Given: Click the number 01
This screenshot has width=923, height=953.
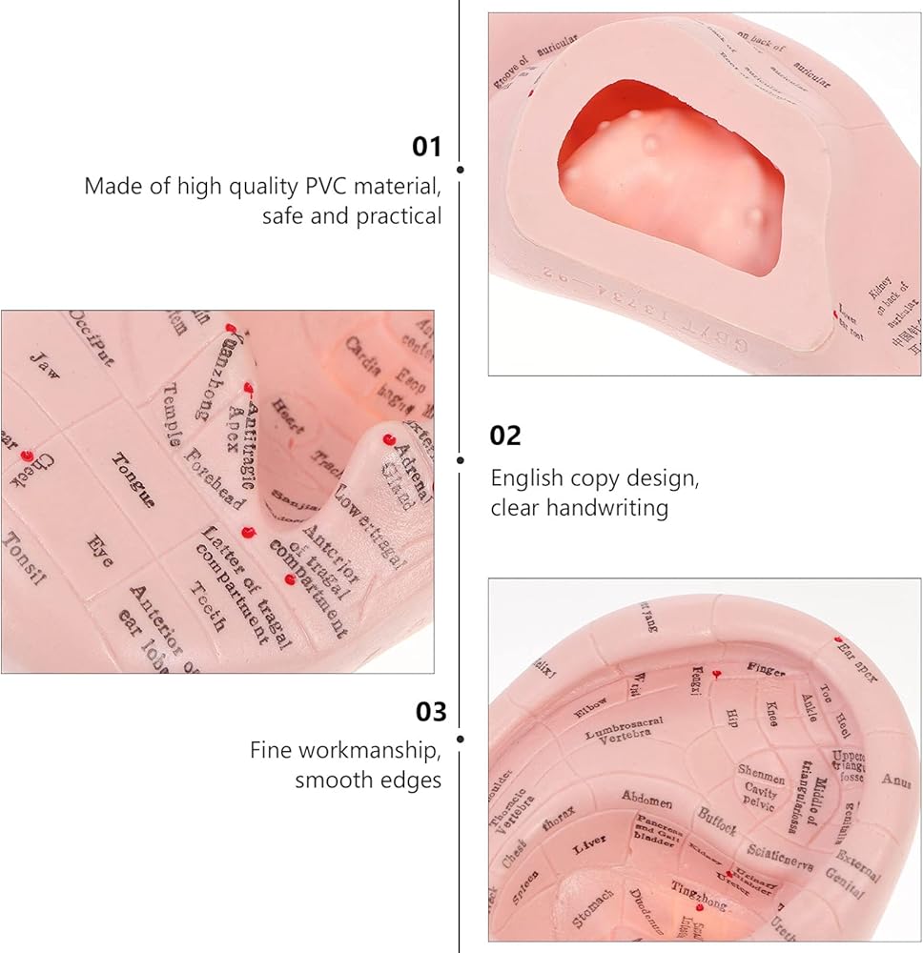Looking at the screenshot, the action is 427,147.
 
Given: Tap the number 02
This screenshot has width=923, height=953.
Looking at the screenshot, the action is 505,436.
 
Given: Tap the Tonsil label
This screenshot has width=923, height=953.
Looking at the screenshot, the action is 24,558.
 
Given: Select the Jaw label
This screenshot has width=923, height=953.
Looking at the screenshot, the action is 44,365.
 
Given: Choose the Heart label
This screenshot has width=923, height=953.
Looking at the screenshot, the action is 288,416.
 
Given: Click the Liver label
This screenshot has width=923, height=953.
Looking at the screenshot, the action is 588,847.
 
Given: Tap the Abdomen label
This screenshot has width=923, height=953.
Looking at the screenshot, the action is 647,799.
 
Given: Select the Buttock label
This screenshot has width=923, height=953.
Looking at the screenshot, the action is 716,821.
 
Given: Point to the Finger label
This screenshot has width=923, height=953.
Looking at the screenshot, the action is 766,670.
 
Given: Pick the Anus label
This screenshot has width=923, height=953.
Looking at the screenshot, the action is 896,781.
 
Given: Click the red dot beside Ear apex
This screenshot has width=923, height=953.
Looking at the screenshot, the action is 838,640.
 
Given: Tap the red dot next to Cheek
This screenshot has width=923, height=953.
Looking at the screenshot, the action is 27,456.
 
